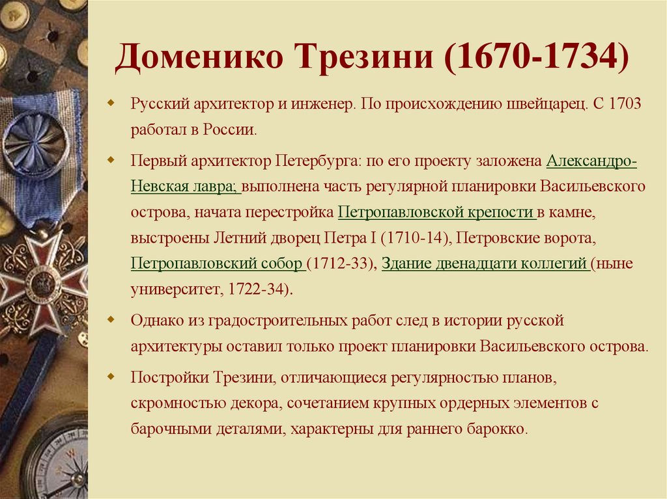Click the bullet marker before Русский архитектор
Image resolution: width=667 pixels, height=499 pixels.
pyautogui.click(x=111, y=104)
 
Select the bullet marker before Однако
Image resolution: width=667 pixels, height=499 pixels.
pyautogui.click(x=111, y=320)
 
